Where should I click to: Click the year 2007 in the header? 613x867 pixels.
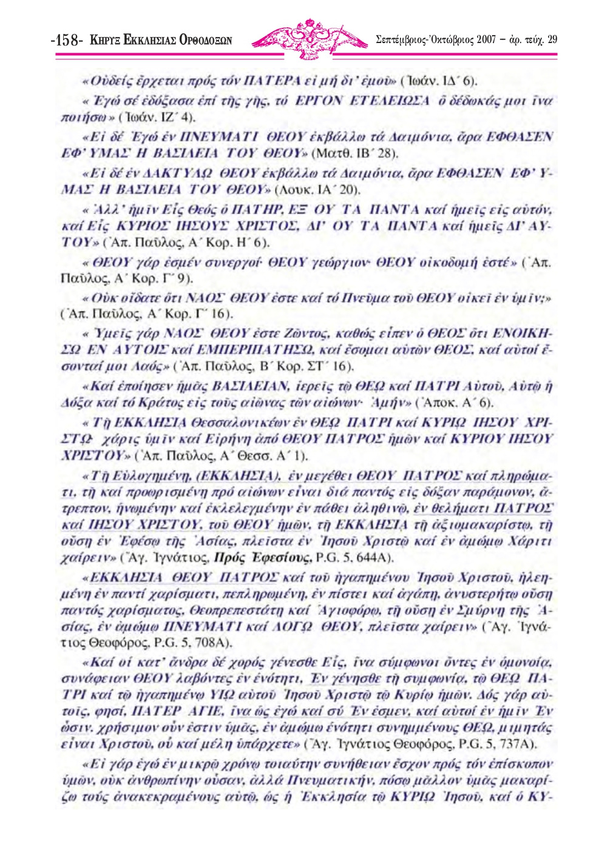point(486,40)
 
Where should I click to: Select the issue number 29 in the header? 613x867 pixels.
point(552,40)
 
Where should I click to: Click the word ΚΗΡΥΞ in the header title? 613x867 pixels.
point(104,41)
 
